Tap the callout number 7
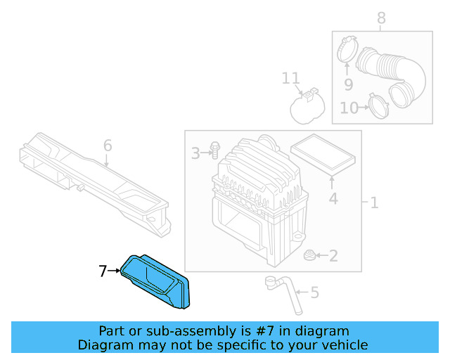pos(103,271)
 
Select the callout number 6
pos(108,146)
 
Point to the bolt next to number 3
pos(214,150)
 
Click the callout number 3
pos(196,151)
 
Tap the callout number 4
pos(333,198)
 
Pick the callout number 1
pos(374,203)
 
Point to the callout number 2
pos(333,256)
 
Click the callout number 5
pos(314,292)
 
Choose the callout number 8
pos(381,18)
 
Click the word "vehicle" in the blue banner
pos(344,345)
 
